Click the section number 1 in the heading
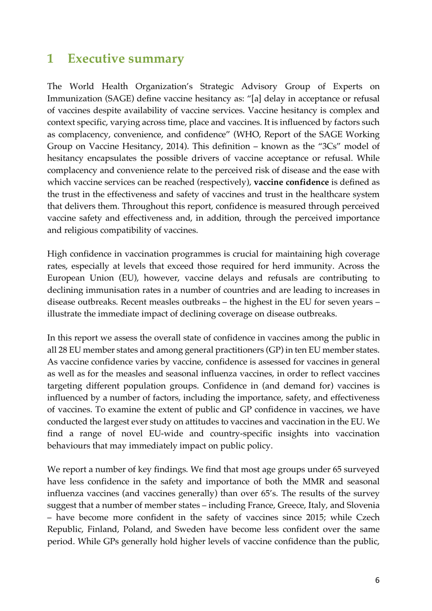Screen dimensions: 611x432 [x=50, y=59]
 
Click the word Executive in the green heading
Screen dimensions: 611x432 [x=96, y=59]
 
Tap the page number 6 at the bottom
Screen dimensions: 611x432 [x=377, y=580]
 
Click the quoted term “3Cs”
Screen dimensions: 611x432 [x=329, y=146]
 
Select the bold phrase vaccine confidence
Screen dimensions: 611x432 [x=291, y=182]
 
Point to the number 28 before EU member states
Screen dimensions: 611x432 [x=63, y=350]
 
